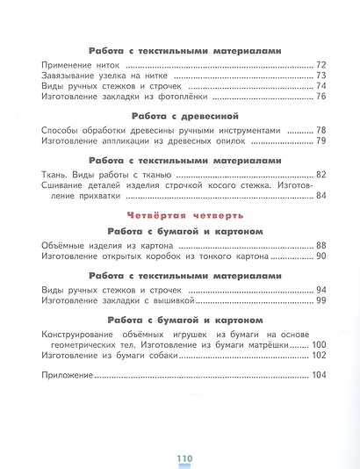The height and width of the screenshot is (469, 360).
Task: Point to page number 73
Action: [320, 76]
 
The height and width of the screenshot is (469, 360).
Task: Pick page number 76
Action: [320, 97]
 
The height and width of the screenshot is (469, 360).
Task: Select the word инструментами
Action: [278, 130]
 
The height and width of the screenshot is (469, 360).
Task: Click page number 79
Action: [320, 141]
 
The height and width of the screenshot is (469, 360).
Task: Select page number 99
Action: [320, 300]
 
